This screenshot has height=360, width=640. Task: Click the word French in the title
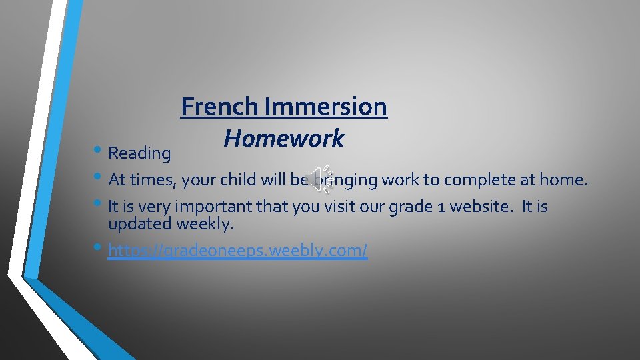pyautogui.click(x=220, y=106)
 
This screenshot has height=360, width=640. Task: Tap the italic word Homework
pyautogui.click(x=284, y=139)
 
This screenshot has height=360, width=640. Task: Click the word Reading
pyautogui.click(x=139, y=153)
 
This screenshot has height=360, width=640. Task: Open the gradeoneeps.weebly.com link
pyautogui.click(x=237, y=251)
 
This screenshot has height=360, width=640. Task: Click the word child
pyautogui.click(x=233, y=180)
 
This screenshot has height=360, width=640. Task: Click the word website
pyautogui.click(x=483, y=207)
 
